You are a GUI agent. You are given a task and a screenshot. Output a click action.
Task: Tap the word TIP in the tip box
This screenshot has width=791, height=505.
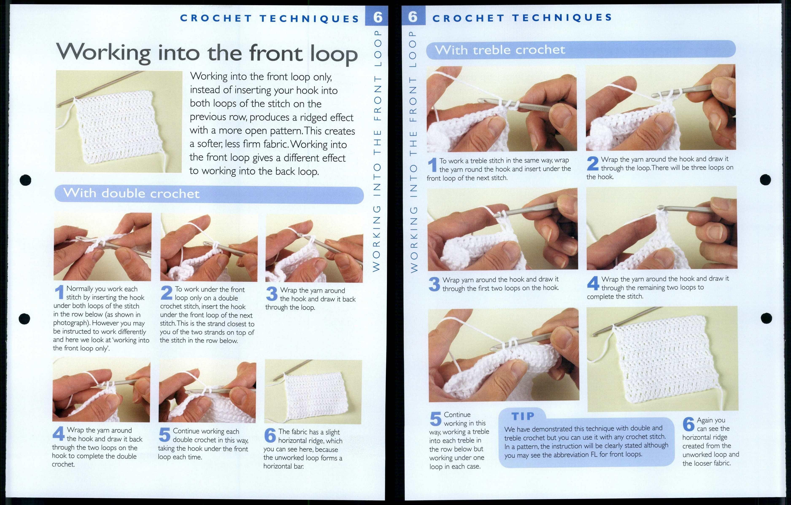[x=523, y=416]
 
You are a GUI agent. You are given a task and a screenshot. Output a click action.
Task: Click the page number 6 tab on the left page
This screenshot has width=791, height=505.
[x=377, y=16]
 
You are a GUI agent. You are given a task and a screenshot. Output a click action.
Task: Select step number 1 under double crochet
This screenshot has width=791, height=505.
[x=59, y=292]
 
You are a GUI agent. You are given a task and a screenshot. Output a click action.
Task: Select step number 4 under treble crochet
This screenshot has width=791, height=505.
[x=593, y=283]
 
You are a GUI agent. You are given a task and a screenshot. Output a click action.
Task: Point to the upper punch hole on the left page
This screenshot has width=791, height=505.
[x=26, y=180]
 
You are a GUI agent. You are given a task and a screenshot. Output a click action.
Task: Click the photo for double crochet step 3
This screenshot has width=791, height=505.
[x=314, y=249]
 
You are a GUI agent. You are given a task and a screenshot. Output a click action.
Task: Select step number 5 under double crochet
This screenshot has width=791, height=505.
[x=164, y=435]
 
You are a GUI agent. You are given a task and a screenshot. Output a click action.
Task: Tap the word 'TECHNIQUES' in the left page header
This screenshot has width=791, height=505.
[x=309, y=19]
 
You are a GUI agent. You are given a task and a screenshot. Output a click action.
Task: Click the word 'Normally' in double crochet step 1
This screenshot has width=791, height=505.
[x=79, y=289]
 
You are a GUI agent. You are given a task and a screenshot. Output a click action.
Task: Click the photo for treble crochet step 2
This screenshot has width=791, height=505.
[x=661, y=107]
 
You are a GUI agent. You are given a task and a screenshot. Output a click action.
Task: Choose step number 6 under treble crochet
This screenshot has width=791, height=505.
[x=688, y=424]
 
